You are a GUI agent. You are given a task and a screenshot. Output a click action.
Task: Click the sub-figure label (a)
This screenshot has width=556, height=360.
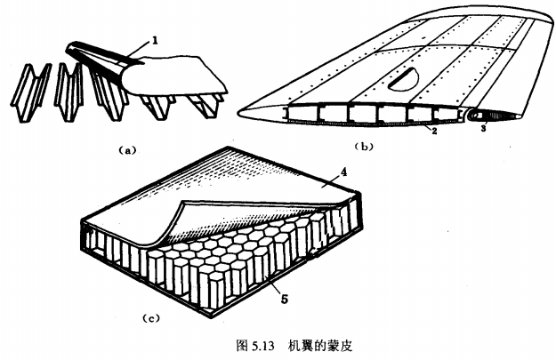click(124, 151)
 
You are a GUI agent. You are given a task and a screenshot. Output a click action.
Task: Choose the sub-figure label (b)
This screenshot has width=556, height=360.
click(363, 144)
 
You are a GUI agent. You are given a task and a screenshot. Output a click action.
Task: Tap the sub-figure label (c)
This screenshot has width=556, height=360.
click(149, 316)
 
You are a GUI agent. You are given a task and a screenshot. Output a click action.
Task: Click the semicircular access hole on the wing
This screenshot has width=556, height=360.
click(404, 76)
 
